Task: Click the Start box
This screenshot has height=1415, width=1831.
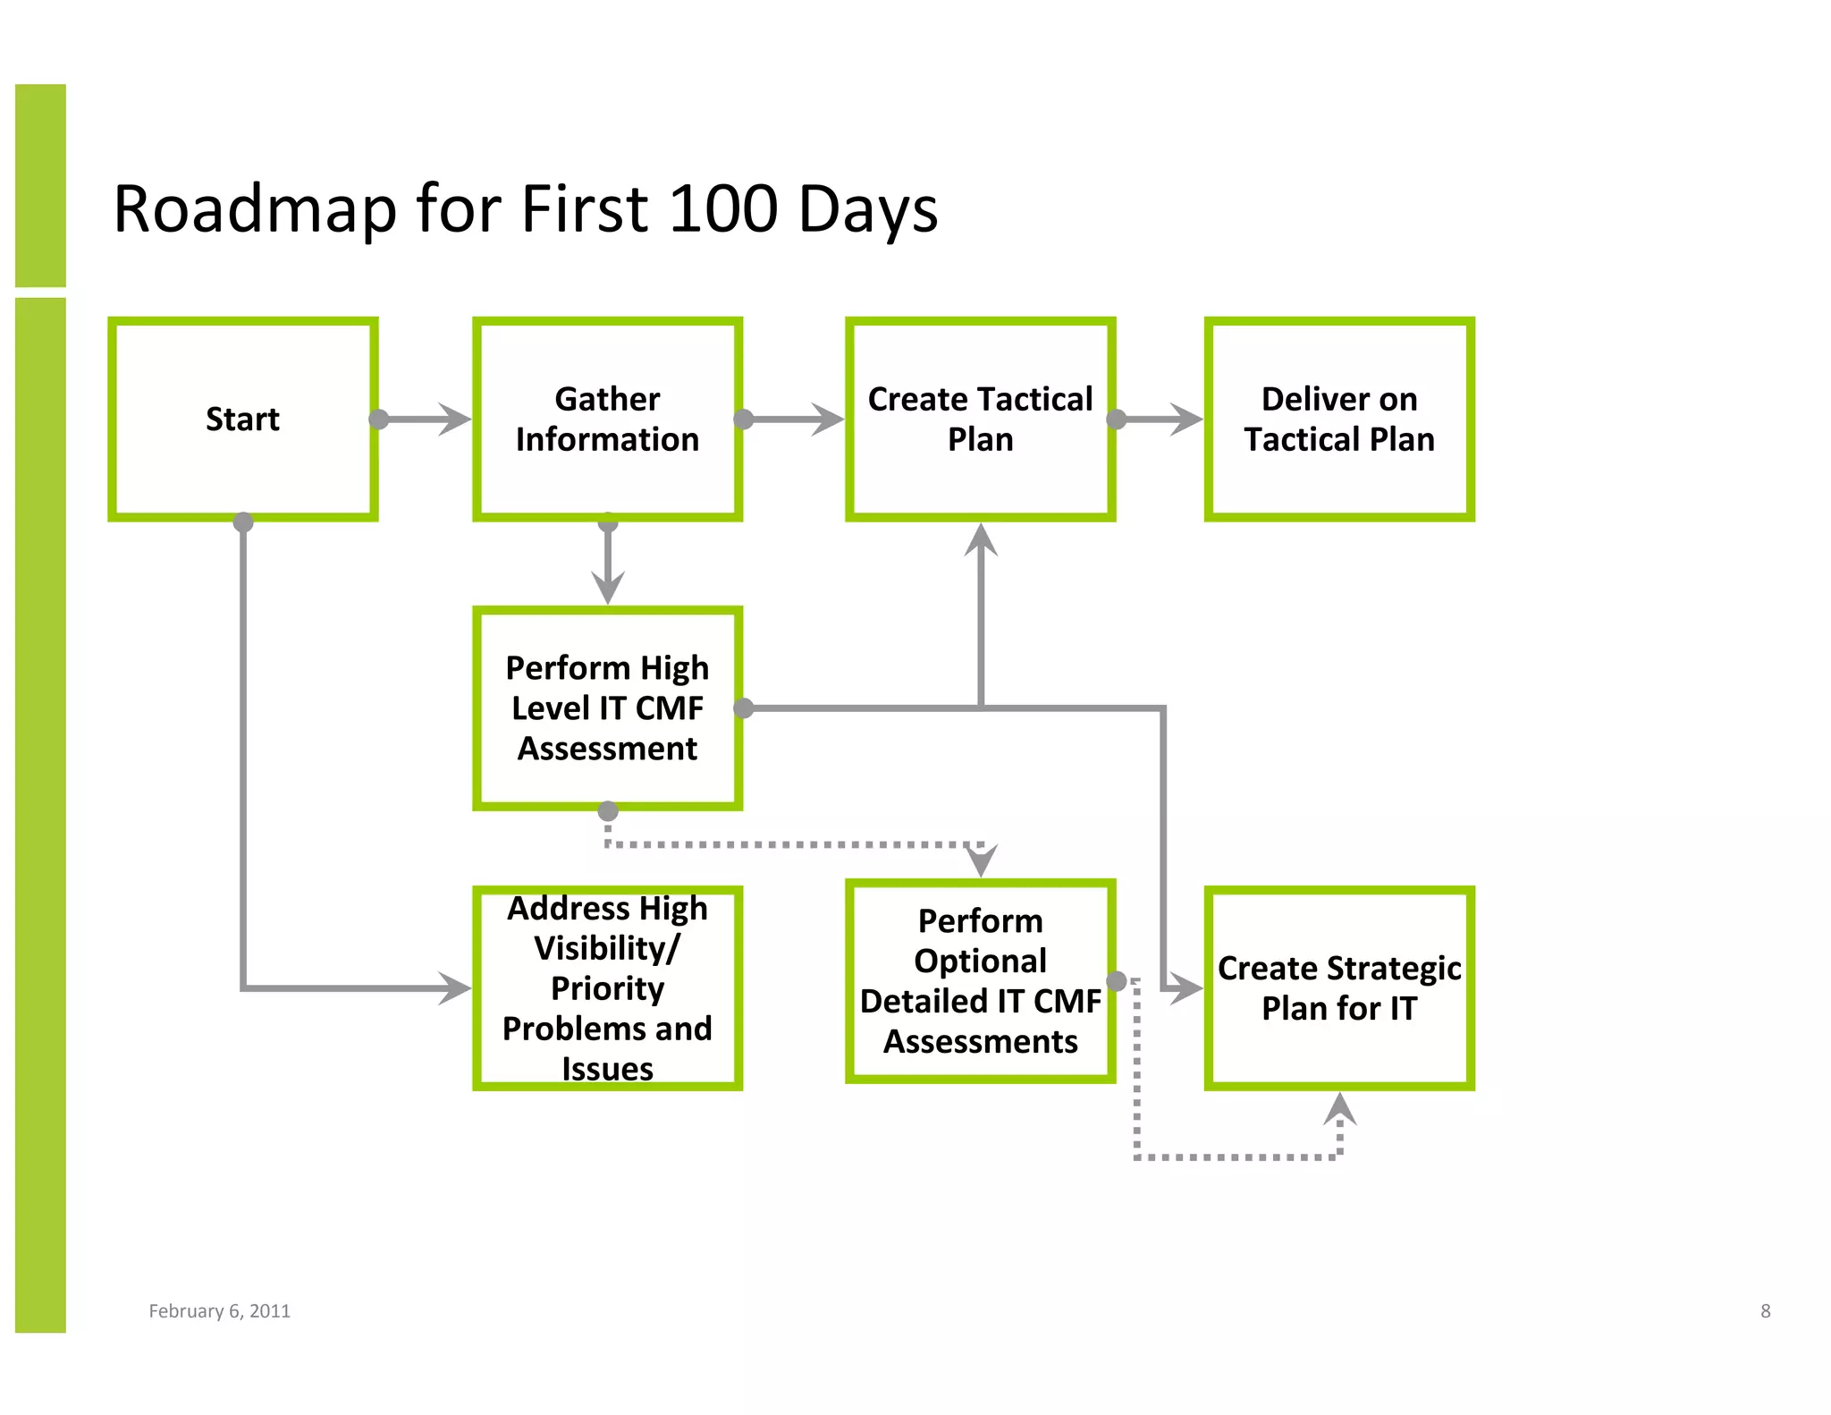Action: coord(242,419)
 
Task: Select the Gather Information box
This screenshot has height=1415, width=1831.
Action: coord(607,419)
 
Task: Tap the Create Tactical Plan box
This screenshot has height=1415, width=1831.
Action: coord(980,419)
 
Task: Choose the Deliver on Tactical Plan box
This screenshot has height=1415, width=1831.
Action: coord(1338,419)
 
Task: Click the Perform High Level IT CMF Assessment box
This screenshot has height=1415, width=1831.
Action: coord(607,707)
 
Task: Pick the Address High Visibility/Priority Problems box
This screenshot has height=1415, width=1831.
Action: coord(607,987)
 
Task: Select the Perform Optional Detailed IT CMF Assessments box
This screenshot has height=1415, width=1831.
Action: coord(980,980)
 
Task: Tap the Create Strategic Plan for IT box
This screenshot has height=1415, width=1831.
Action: coord(1338,987)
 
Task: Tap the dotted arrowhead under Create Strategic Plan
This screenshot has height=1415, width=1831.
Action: coord(1339,1109)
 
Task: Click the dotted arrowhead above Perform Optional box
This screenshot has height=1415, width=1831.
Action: coord(982,860)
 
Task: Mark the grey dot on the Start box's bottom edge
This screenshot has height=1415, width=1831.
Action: coord(243,522)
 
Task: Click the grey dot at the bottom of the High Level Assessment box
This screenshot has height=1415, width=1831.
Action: coord(608,811)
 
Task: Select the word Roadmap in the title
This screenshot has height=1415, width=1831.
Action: coord(255,209)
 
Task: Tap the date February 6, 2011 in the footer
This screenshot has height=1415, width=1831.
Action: coord(219,1310)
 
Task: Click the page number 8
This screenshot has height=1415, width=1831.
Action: coord(1765,1310)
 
